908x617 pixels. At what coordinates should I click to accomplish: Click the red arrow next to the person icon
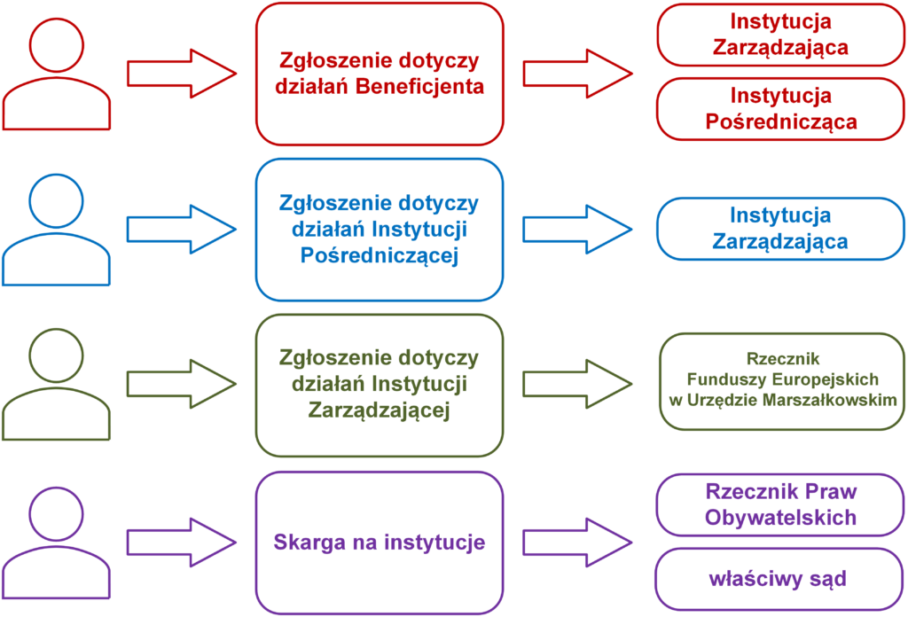pos(182,74)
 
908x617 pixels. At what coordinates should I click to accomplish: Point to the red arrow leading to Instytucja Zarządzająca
pos(576,74)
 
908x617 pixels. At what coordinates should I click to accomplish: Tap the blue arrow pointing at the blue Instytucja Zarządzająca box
pos(576,229)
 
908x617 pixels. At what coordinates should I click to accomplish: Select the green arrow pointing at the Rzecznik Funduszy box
pos(576,384)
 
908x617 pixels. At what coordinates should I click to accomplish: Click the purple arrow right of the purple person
pos(182,542)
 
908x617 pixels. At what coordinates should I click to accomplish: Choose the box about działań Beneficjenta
pos(380,74)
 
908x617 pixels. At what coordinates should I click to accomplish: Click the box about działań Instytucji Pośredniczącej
pos(380,230)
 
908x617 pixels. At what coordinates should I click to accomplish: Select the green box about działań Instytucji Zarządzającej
pos(380,385)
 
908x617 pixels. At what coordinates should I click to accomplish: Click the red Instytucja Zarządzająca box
pos(780,35)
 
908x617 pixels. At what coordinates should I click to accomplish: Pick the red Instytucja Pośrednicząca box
pos(780,109)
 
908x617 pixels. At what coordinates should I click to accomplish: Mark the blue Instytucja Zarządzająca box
pos(780,229)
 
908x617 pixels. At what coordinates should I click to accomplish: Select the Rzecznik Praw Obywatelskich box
pos(780,505)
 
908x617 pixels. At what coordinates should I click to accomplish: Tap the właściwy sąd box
pos(780,580)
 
